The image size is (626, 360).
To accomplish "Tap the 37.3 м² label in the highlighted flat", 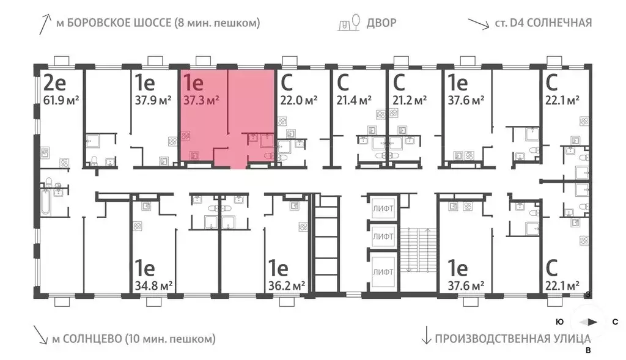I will pyautogui.click(x=201, y=100).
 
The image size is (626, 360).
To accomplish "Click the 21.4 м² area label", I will pyautogui.click(x=355, y=100).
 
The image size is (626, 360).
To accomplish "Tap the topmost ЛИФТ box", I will pyautogui.click(x=383, y=209).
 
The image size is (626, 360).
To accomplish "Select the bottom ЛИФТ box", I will pyautogui.click(x=383, y=269).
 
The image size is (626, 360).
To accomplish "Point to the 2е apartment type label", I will pyautogui.click(x=54, y=82).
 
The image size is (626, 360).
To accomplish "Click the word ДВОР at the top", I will pyautogui.click(x=381, y=23).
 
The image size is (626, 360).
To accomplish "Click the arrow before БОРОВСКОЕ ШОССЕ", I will pyautogui.click(x=43, y=24).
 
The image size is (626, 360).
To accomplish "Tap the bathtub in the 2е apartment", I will pyautogui.click(x=47, y=204).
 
